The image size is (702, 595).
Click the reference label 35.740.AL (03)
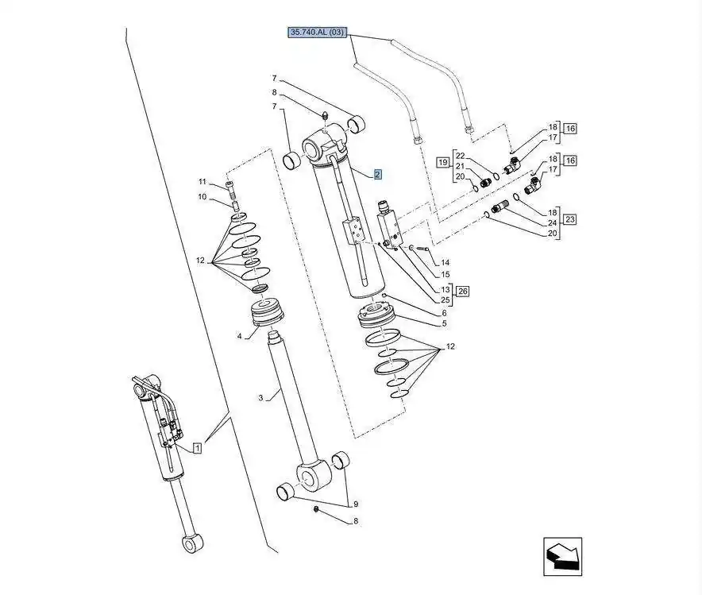pos(318,33)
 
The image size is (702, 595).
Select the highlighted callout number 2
pos(377,174)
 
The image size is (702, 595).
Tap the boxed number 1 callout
pos(197,448)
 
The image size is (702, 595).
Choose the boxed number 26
pos(462,292)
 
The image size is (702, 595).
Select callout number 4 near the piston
pos(239,336)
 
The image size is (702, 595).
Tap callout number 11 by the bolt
pos(202,182)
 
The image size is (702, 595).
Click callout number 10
pos(202,196)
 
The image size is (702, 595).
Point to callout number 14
pos(445,262)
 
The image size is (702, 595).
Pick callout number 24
pos(553,223)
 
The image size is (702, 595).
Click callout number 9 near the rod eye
pos(356,504)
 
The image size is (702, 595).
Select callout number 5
pos(445,323)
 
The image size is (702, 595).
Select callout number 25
pos(445,300)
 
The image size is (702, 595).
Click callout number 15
pos(445,275)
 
